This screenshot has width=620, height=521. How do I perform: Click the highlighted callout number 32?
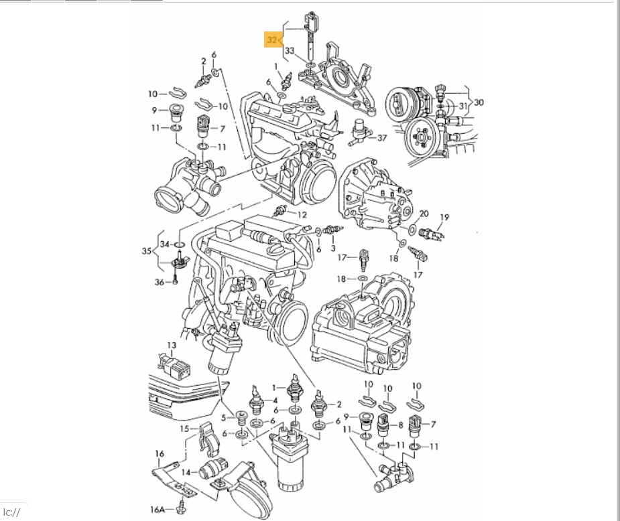tap(272, 40)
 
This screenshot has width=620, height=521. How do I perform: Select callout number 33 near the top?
tap(290, 50)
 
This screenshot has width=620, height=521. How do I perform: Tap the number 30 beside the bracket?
tap(479, 102)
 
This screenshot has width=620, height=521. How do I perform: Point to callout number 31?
tap(463, 106)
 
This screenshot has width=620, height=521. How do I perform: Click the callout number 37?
tap(382, 138)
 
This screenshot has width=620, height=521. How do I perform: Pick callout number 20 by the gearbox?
tap(424, 214)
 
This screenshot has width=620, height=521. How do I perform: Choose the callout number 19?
tap(444, 217)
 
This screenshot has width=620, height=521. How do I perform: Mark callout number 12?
tap(302, 215)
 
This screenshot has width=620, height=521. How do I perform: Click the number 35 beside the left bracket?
tap(147, 251)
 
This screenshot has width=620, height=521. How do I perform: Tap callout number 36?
tap(160, 282)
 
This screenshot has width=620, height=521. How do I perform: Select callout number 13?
tap(171, 346)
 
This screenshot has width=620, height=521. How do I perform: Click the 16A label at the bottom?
tap(157, 510)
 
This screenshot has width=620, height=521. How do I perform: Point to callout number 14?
tap(186, 472)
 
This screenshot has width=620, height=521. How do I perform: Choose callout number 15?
tap(184, 429)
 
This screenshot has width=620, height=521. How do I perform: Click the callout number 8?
tap(401, 425)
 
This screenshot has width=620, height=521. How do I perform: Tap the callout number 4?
tap(275, 400)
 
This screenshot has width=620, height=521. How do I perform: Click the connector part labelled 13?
tap(175, 366)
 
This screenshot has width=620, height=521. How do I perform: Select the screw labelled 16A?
tap(182, 508)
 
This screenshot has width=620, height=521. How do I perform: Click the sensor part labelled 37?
tap(359, 131)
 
